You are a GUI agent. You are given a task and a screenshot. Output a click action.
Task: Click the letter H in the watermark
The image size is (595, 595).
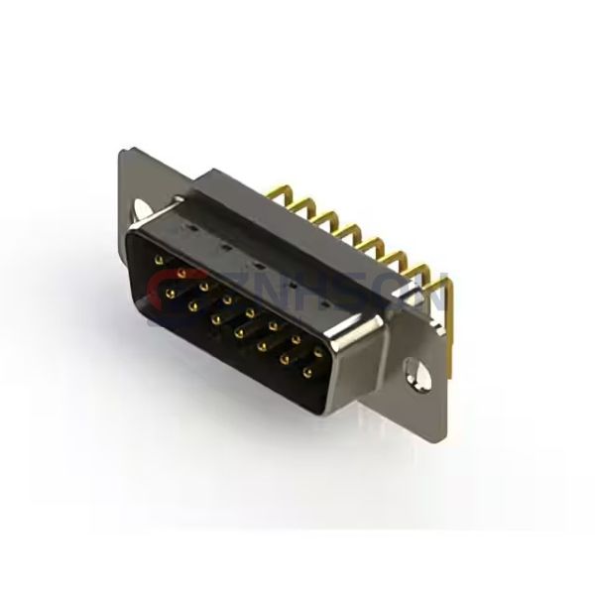297,294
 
